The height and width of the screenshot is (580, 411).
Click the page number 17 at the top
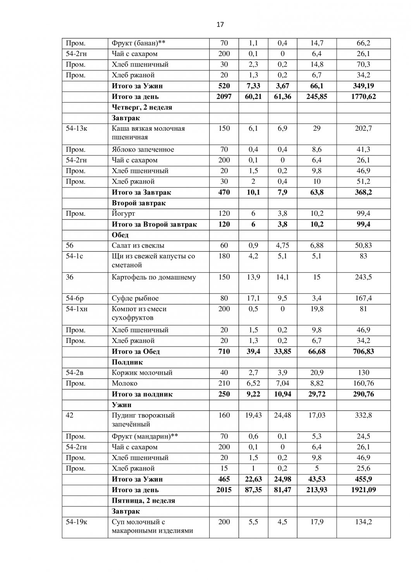click(x=220, y=25)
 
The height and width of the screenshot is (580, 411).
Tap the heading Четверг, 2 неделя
click(x=142, y=107)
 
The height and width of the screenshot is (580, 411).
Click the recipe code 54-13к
click(x=76, y=128)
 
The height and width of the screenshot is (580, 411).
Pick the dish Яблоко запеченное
click(x=143, y=150)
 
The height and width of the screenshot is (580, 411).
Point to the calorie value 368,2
click(x=363, y=192)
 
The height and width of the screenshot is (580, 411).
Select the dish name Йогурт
click(x=123, y=213)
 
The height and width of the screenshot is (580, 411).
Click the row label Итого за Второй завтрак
click(x=154, y=224)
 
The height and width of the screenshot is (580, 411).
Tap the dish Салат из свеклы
click(x=138, y=246)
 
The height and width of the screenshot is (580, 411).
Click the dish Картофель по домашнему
click(x=153, y=277)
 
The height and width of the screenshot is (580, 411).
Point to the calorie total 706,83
click(x=363, y=351)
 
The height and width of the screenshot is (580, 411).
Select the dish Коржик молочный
click(x=142, y=373)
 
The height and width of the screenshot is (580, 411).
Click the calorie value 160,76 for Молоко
click(x=363, y=384)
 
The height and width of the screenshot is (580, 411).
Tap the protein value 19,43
click(x=253, y=415)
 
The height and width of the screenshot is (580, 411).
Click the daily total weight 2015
click(x=224, y=490)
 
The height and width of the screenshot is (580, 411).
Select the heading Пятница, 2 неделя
click(x=143, y=501)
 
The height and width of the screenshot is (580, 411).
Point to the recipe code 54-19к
click(x=76, y=522)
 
